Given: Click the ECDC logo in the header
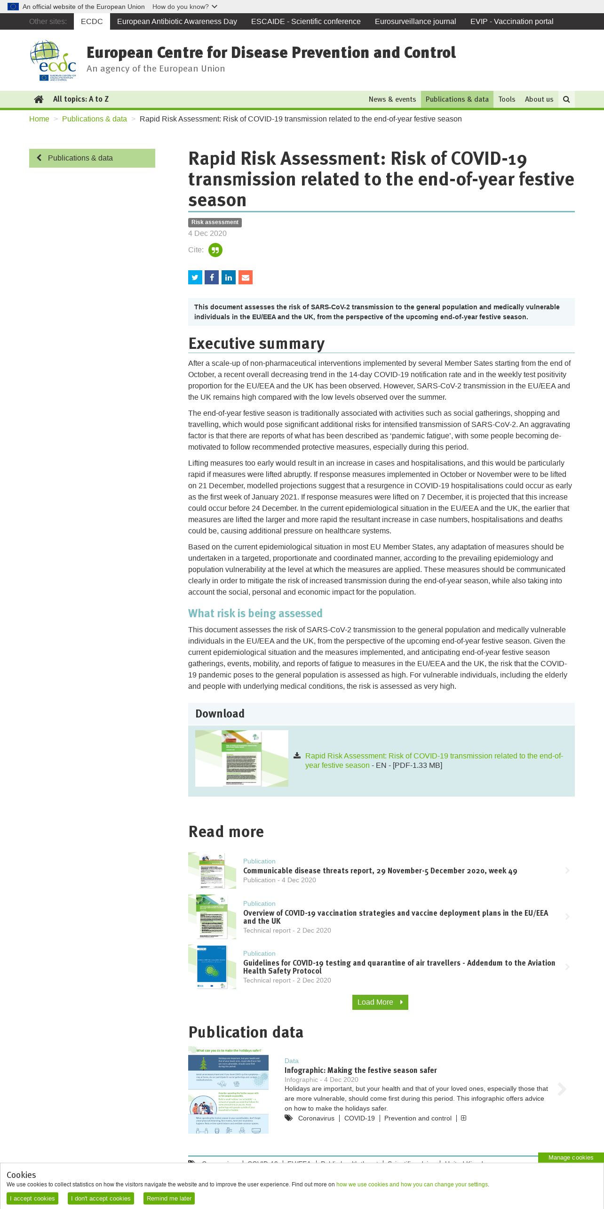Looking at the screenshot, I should [53, 61].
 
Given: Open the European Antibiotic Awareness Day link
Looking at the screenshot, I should [177, 22].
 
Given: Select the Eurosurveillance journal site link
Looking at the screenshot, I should [415, 22].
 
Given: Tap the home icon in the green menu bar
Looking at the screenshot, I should [39, 99].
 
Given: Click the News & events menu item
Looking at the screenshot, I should [392, 99].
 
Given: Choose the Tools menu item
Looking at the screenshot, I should [507, 99].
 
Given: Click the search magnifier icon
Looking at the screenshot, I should [566, 99].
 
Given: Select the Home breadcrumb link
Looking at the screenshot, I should [39, 119].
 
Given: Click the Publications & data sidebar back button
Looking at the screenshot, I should [92, 158].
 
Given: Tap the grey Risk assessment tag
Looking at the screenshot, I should [215, 222].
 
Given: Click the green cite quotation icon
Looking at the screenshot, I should [215, 250].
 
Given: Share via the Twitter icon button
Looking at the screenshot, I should [195, 277].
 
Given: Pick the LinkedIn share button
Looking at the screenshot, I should [229, 277].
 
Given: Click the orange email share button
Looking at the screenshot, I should [246, 277].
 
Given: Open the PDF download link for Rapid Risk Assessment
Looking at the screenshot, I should [433, 760].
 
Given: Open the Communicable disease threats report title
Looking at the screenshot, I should [380, 871].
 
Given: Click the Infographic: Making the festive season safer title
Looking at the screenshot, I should [360, 1070].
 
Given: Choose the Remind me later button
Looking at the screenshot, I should [169, 1198].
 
